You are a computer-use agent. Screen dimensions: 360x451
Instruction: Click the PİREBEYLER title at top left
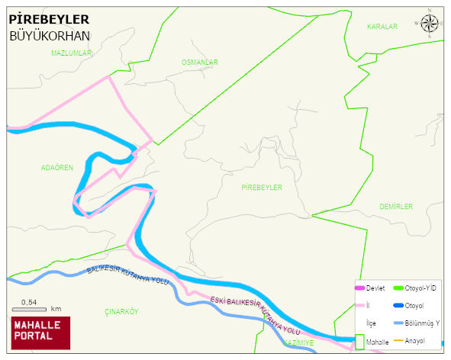point(49,19)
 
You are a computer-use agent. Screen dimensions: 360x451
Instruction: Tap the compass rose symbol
point(430,25)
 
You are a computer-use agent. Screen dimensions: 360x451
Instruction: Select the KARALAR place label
point(382,27)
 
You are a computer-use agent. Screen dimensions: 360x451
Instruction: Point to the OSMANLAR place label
point(200,62)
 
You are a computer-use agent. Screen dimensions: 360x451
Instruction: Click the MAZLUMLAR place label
point(71,53)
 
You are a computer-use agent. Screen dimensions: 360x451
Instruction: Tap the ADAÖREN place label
point(57,167)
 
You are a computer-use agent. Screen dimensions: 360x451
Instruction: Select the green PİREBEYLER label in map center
point(262,187)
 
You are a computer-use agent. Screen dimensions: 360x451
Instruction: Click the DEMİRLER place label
point(395,207)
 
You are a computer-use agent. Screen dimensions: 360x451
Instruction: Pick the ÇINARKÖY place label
point(121,311)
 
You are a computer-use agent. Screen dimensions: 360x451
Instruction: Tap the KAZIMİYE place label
point(298,343)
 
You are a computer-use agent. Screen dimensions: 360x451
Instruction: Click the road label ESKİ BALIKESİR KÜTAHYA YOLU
point(255,314)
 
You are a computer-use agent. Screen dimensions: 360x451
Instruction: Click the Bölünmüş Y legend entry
point(422,323)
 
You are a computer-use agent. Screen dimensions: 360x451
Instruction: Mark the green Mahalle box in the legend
point(359,342)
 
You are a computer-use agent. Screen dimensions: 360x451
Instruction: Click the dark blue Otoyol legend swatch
point(398,306)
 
